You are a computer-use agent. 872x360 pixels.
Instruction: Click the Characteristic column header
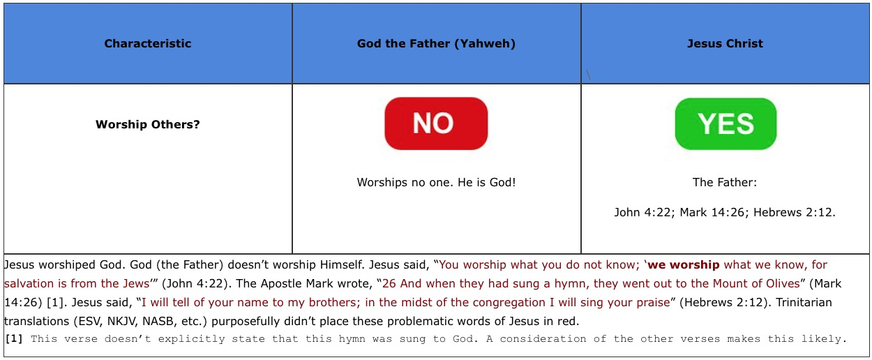pyautogui.click(x=147, y=43)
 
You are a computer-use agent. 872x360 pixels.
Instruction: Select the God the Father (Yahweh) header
pyautogui.click(x=436, y=43)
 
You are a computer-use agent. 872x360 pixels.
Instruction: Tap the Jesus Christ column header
pyautogui.click(x=725, y=43)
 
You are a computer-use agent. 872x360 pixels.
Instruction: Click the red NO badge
pyautogui.click(x=436, y=123)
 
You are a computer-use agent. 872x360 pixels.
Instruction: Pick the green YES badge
pyautogui.click(x=726, y=123)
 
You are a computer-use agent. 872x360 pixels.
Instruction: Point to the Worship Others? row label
pyautogui.click(x=147, y=124)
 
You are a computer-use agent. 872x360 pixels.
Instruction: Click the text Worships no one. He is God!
pyautogui.click(x=436, y=182)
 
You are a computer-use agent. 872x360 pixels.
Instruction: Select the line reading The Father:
pyautogui.click(x=725, y=182)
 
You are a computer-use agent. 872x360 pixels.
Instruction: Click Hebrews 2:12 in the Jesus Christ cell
pyautogui.click(x=794, y=213)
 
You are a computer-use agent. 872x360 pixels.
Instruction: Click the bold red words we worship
pyautogui.click(x=683, y=264)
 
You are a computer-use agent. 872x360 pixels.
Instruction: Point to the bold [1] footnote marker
pyautogui.click(x=14, y=338)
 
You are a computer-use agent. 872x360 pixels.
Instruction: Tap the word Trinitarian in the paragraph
pyautogui.click(x=804, y=302)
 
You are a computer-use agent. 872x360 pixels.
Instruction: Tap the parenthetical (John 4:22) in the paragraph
pyautogui.click(x=194, y=284)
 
